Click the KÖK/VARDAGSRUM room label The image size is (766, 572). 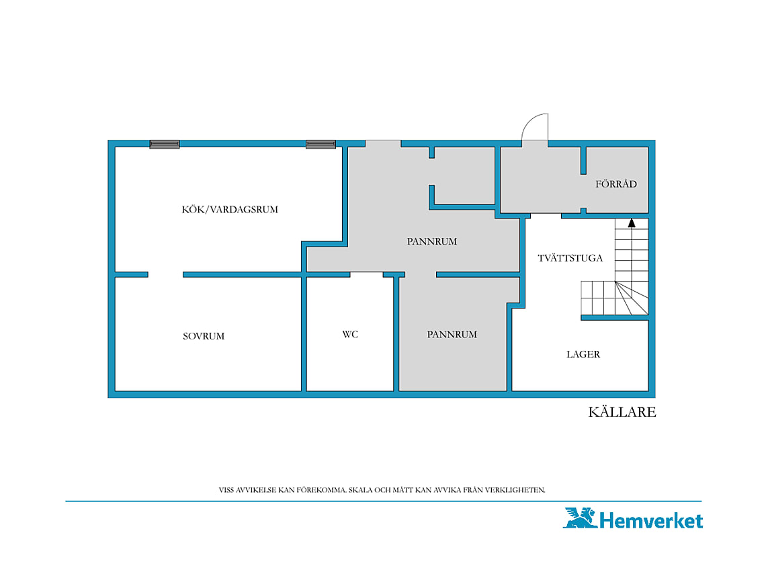click(230, 210)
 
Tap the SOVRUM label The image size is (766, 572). click(204, 336)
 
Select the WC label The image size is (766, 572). click(350, 335)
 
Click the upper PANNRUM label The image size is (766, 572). click(432, 241)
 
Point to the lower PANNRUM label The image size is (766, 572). click(452, 335)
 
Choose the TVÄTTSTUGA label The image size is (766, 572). click(570, 258)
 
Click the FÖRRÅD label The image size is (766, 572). click(616, 183)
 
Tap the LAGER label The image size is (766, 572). click(583, 354)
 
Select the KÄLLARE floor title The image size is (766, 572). click(622, 412)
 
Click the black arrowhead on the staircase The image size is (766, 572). click(632, 223)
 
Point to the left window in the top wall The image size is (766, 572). click(165, 145)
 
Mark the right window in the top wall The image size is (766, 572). click(321, 145)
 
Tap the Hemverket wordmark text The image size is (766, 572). click(650, 521)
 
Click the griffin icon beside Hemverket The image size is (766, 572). click(580, 518)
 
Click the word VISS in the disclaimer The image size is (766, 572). click(226, 490)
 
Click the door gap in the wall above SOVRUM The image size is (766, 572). click(165, 275)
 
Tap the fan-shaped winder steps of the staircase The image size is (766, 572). click(632, 298)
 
